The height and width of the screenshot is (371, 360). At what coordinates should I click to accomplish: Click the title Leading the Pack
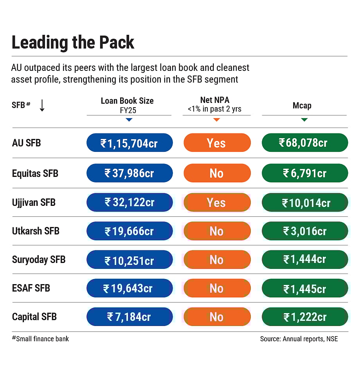(x=73, y=43)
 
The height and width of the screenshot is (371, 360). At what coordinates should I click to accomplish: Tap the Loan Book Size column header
(x=127, y=101)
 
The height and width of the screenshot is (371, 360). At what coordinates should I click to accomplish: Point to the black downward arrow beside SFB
(x=42, y=105)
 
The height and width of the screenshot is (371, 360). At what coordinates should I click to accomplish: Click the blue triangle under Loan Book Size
(x=129, y=120)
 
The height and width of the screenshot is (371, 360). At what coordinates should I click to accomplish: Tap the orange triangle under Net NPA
(x=216, y=120)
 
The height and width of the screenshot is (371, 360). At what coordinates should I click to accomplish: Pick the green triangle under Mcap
(x=304, y=120)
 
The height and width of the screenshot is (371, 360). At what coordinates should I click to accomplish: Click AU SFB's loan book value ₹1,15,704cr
(x=129, y=143)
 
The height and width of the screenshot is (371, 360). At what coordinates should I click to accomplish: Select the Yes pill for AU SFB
(x=217, y=143)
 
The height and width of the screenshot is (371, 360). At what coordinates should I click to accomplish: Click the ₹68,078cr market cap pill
(x=304, y=143)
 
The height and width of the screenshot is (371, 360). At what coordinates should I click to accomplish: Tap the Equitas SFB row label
(x=35, y=173)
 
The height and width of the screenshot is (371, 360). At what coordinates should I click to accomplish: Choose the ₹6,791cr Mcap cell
(x=304, y=173)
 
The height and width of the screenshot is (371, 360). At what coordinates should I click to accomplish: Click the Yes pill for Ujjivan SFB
(x=217, y=203)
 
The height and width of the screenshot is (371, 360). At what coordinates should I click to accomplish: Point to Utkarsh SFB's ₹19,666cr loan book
(x=129, y=231)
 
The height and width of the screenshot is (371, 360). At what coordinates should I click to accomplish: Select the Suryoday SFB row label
(x=39, y=259)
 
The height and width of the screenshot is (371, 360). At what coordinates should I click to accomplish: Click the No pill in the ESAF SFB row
(x=217, y=288)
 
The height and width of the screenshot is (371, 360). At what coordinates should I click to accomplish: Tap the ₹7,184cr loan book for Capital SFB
(x=129, y=317)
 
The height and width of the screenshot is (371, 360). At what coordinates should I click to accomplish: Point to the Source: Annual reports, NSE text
(x=299, y=339)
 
